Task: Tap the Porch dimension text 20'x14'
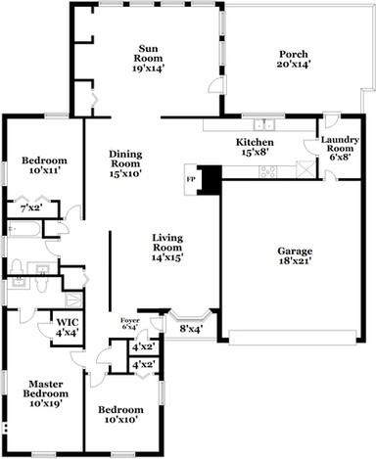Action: pyautogui.click(x=294, y=66)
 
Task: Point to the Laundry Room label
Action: pyautogui.click(x=341, y=149)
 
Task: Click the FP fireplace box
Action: pyautogui.click(x=192, y=180)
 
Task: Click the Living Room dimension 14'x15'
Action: pyautogui.click(x=168, y=257)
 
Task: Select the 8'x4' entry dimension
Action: pyautogui.click(x=190, y=329)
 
